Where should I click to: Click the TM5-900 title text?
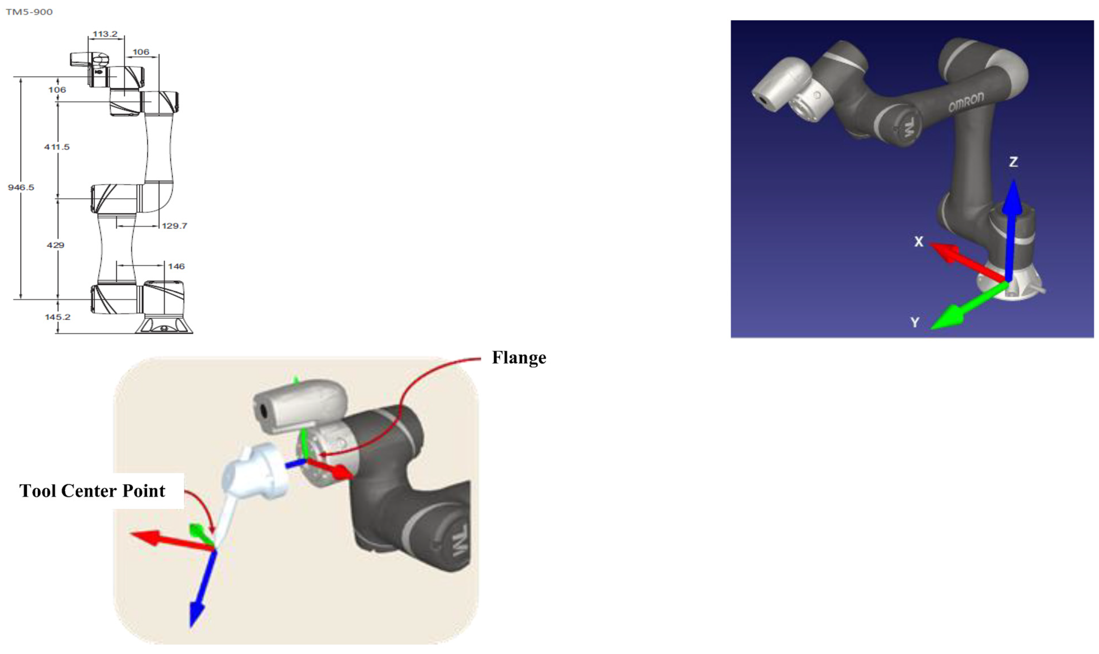pyautogui.click(x=29, y=12)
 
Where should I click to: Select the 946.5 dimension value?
pyautogui.click(x=21, y=187)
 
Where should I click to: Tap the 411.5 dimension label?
pyautogui.click(x=57, y=147)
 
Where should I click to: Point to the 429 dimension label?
pyautogui.click(x=56, y=245)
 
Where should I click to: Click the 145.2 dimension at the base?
pyautogui.click(x=57, y=317)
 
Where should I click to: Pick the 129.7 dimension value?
pyautogui.click(x=174, y=226)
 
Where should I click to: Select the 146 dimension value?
pyautogui.click(x=176, y=266)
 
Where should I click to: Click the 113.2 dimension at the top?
pyautogui.click(x=105, y=34)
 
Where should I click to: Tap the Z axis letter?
pyautogui.click(x=1013, y=162)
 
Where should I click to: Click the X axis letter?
pyautogui.click(x=918, y=242)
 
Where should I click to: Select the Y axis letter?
pyautogui.click(x=915, y=323)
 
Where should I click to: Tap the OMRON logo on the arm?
pyautogui.click(x=966, y=102)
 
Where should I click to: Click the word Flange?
pyautogui.click(x=519, y=357)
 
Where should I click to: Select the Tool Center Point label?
pyautogui.click(x=92, y=491)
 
